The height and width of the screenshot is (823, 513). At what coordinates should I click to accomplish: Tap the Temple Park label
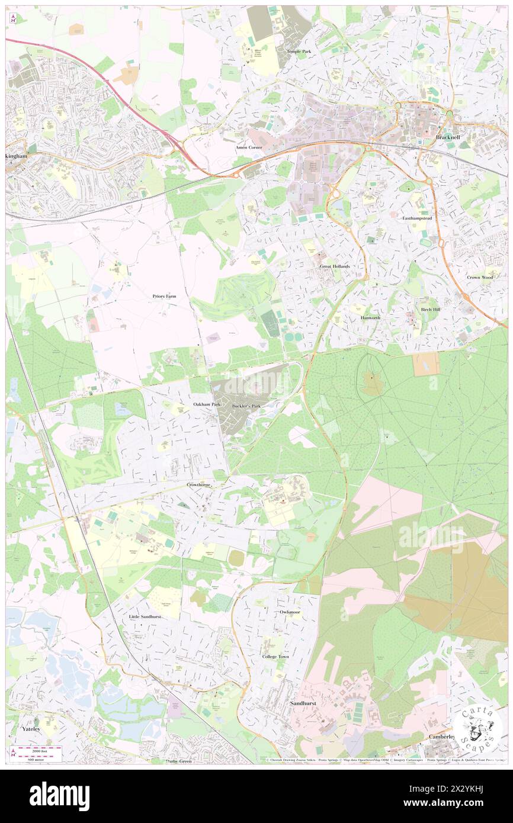[299, 52]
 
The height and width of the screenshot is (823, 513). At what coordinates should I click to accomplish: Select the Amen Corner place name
[248, 147]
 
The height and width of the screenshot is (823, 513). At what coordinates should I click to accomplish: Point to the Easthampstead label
[419, 218]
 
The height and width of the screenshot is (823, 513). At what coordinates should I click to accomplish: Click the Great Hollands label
[335, 266]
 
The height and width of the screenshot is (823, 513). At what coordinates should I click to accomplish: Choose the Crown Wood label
[479, 277]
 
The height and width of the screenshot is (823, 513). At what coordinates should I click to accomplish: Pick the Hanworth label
[370, 318]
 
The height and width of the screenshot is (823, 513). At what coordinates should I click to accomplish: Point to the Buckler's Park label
[246, 406]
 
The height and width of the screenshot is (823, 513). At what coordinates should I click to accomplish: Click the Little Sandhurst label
[145, 616]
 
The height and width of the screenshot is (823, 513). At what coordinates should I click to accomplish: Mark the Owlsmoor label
[290, 612]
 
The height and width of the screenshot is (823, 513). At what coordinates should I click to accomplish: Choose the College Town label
[275, 657]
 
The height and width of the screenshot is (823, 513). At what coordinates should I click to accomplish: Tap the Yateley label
[31, 729]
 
